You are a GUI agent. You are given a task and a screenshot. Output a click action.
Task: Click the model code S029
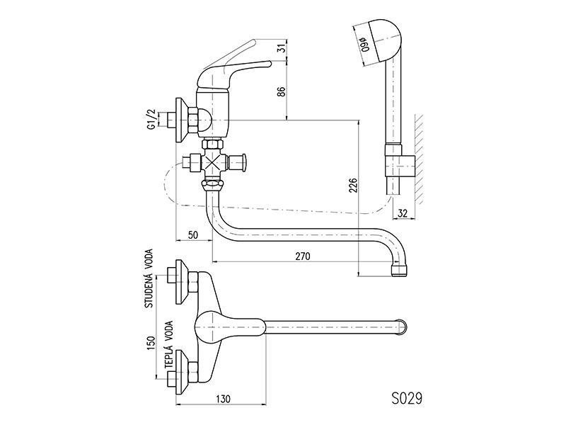[406, 399]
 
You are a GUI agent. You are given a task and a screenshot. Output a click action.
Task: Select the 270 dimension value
[303, 256]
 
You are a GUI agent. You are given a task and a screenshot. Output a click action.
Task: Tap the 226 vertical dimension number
[353, 185]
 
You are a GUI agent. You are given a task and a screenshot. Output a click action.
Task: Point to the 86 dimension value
[282, 91]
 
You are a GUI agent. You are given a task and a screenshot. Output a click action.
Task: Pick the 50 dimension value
[193, 235]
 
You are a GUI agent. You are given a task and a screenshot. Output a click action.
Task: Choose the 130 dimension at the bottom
[223, 399]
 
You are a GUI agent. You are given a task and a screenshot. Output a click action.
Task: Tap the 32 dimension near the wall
[402, 213]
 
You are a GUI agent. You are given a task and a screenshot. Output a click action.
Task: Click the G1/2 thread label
[153, 119]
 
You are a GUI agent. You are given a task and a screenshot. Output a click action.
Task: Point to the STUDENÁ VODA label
[149, 278]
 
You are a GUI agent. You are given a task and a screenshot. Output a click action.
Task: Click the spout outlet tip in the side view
[400, 271]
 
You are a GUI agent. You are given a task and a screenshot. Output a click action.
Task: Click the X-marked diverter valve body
[214, 162]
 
